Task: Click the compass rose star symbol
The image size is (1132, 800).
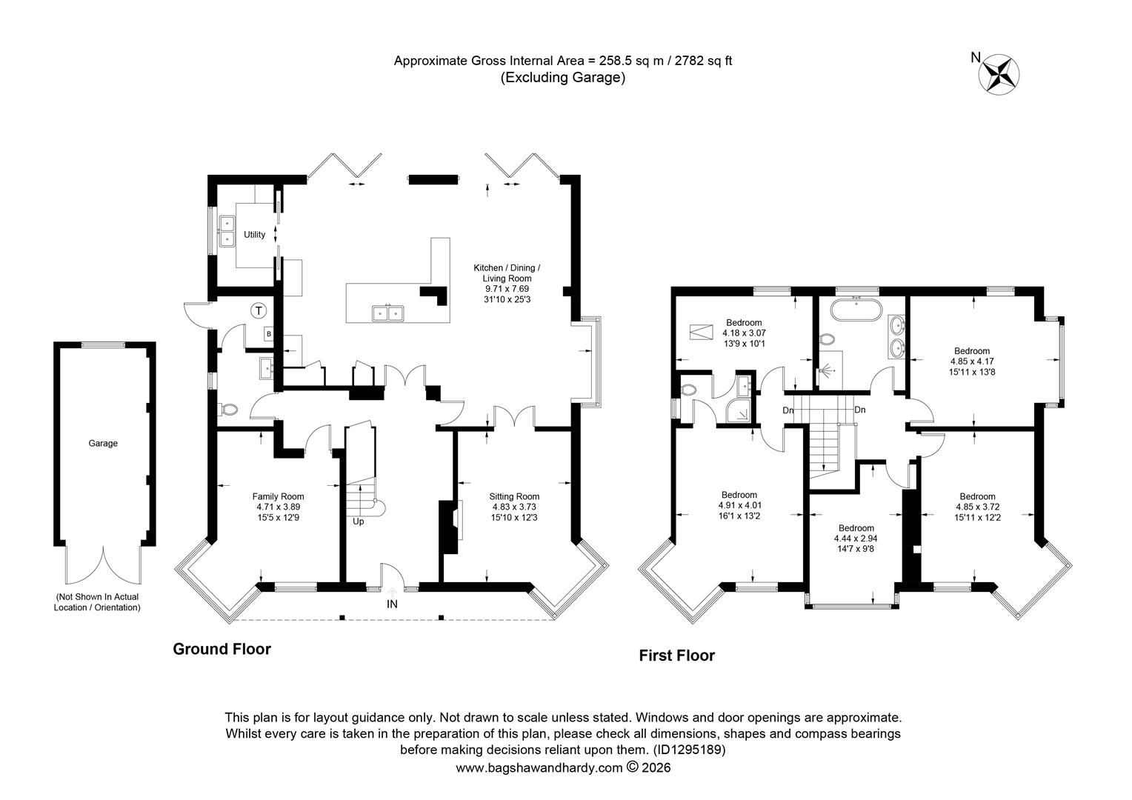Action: point(999,76)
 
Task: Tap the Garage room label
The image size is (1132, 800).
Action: point(103,443)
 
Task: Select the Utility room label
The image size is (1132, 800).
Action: point(254,235)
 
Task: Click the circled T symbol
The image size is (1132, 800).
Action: point(259,310)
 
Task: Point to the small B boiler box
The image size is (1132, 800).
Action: point(269,334)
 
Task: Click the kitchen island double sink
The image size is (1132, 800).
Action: point(387,313)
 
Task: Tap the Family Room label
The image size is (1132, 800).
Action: point(278,496)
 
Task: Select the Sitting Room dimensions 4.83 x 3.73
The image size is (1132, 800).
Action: point(514,507)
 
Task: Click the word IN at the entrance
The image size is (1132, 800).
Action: point(392,604)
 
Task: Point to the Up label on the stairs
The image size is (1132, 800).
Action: point(359,521)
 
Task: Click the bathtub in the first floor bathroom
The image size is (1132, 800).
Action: point(856,310)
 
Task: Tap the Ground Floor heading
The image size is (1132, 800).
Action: point(222,649)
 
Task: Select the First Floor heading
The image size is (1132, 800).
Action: point(676,656)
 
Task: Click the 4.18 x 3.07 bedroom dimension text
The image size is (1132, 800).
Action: point(744,333)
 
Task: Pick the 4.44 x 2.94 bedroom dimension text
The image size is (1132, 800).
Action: point(856,539)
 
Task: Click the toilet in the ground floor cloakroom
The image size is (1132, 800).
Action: point(230,410)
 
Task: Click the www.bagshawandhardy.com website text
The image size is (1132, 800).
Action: point(539,768)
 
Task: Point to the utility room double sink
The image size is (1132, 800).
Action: point(227,231)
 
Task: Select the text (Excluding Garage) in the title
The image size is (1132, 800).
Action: point(563,77)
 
